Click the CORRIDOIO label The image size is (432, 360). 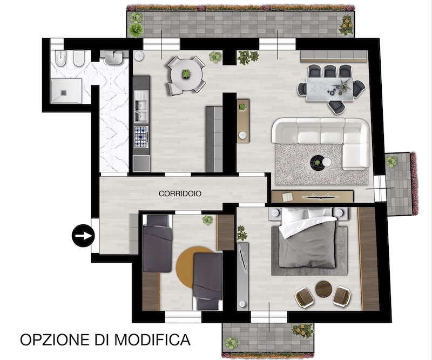[180, 194]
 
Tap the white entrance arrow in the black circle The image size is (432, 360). [84, 236]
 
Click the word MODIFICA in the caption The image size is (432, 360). [152, 339]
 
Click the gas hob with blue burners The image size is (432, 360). [141, 137]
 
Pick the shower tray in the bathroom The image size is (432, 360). [66, 90]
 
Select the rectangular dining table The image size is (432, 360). [330, 89]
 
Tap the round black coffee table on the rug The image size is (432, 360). [318, 162]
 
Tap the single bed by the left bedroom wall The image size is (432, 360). [157, 243]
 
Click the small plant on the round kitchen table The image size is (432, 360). [186, 74]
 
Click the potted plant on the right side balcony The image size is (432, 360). [391, 161]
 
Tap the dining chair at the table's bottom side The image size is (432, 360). [336, 107]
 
